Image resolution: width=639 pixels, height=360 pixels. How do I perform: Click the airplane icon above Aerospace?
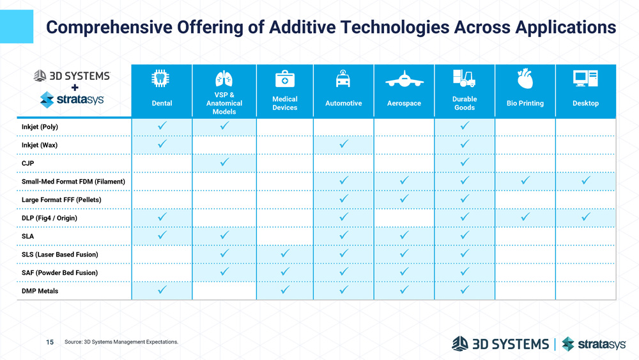coord(404,81)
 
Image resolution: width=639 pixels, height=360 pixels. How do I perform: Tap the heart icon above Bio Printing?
coord(525,79)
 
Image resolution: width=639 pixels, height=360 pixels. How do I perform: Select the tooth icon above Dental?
coord(161,79)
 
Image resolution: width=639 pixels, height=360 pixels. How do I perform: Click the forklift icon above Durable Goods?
coord(464,78)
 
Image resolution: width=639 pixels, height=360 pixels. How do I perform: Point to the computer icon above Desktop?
coord(585,78)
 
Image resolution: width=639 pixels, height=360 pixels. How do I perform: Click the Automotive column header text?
coord(344,104)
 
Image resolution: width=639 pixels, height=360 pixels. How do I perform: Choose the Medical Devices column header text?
coord(284,104)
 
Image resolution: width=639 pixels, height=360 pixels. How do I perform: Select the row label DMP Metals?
coord(40,291)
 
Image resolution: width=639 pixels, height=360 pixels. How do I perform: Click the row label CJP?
coord(27,163)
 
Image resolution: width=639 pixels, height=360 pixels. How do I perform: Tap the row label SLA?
coord(28,236)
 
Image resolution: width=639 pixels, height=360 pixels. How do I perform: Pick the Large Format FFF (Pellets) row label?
coord(61,200)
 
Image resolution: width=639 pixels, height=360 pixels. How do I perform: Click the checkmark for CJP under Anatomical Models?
coord(224,162)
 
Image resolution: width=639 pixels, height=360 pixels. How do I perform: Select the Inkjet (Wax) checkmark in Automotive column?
coord(344,144)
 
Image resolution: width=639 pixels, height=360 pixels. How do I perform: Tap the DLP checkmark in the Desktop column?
coord(585,217)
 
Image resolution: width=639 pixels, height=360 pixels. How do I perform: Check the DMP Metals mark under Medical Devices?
coord(284,290)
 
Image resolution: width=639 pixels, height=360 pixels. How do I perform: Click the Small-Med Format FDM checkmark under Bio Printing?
coord(525,181)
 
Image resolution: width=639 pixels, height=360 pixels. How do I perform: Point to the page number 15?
coord(50,342)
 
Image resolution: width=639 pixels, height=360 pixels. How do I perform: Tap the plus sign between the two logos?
coord(75,88)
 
